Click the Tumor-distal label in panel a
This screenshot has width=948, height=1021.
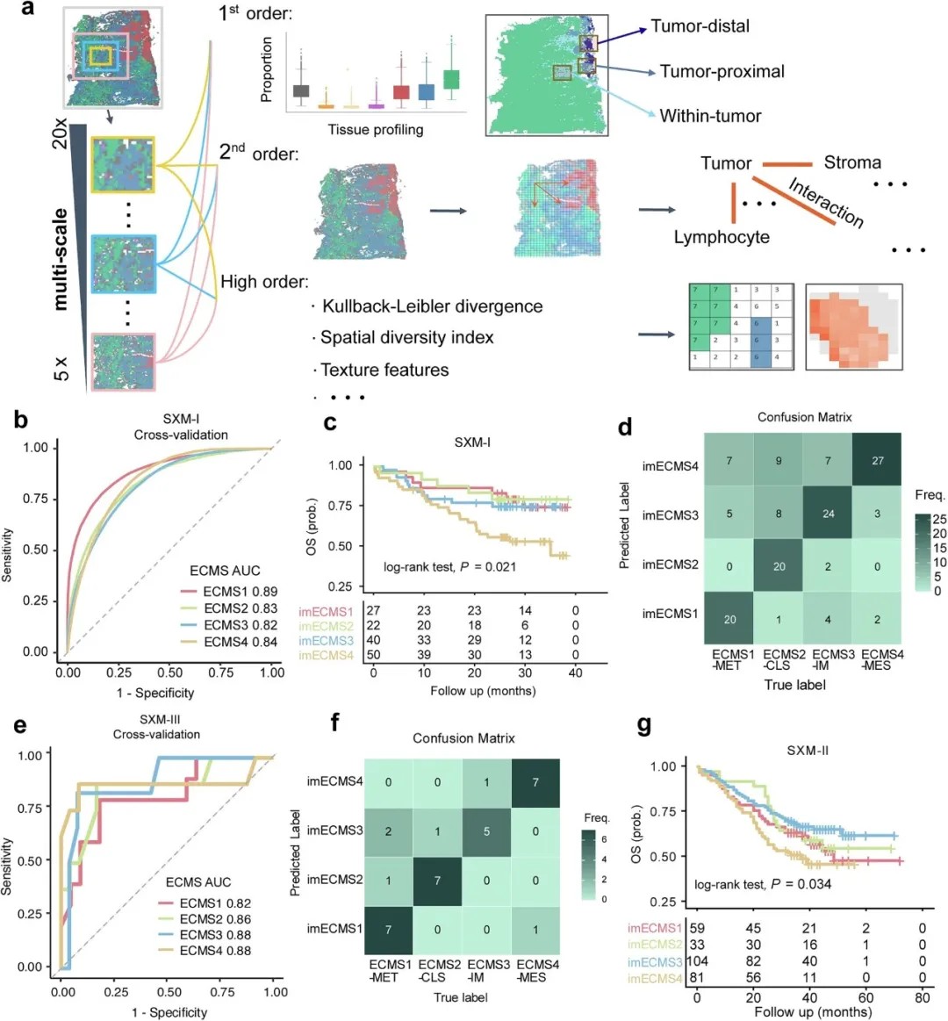700,25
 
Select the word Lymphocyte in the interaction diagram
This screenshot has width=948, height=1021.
722,237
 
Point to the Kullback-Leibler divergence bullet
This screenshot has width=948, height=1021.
431,306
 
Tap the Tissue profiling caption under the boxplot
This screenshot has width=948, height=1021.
375,130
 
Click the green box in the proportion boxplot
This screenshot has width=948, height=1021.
451,79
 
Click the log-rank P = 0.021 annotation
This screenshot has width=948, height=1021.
449,566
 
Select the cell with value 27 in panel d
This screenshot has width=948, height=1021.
877,460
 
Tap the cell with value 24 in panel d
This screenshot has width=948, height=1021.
828,514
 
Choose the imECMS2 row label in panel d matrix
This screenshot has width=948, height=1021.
671,564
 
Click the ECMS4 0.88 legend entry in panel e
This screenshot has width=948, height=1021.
215,950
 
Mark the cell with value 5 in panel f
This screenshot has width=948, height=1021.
486,830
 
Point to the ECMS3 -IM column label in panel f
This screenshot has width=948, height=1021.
488,970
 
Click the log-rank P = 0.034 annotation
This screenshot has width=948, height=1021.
762,883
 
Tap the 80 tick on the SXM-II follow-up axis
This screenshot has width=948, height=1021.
923,997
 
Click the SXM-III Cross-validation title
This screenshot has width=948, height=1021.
156,727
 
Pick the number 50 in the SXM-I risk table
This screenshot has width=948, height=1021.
374,656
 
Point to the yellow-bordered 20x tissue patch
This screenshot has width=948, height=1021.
123,165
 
